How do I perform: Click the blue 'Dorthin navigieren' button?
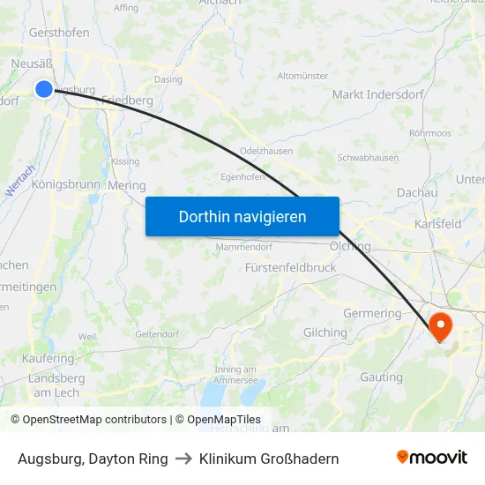pyautogui.click(x=242, y=216)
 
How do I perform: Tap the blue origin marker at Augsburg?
pyautogui.click(x=44, y=88)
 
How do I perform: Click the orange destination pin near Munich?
pyautogui.click(x=438, y=326)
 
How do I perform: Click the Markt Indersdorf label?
pyautogui.click(x=377, y=94)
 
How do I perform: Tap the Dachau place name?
pyautogui.click(x=417, y=192)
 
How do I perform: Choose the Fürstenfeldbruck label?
pyautogui.click(x=291, y=266)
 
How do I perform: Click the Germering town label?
pyautogui.click(x=371, y=313)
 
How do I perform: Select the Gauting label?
pyautogui.click(x=381, y=377)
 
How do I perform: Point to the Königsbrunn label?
pyautogui.click(x=65, y=185)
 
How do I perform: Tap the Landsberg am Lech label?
pyautogui.click(x=56, y=385)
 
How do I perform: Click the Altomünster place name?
pyautogui.click(x=302, y=77)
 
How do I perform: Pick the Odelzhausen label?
pyautogui.click(x=266, y=151)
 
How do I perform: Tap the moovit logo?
pyautogui.click(x=432, y=457)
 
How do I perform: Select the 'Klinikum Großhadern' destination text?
pyautogui.click(x=269, y=459)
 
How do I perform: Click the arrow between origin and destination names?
pyautogui.click(x=183, y=459)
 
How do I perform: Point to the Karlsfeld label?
pyautogui.click(x=437, y=224)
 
